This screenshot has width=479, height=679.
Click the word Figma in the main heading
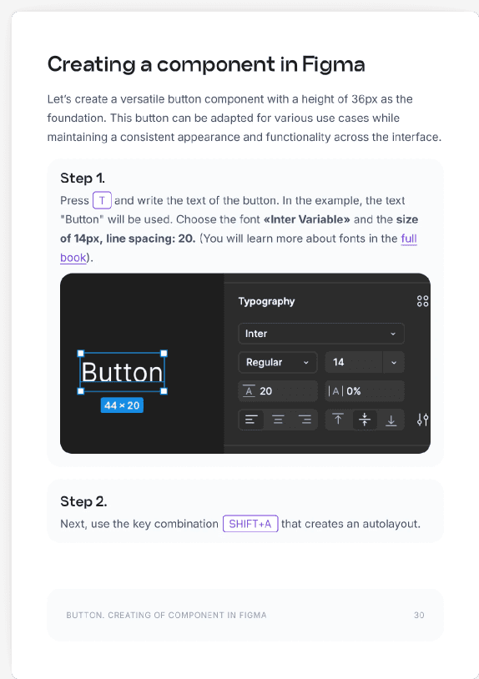334,65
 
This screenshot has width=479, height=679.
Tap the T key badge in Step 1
102,200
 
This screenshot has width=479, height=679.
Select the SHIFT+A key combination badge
250,524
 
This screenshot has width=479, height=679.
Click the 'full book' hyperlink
409,239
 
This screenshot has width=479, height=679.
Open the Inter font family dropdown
321,334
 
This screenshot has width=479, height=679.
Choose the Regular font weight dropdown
278,362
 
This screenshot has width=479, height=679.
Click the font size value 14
338,362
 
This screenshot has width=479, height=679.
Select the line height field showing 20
278,391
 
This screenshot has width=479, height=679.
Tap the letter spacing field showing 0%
365,391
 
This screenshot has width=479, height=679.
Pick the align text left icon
251,420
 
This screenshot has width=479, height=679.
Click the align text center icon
278,420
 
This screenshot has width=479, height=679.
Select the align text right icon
305,420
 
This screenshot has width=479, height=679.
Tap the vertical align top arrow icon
338,420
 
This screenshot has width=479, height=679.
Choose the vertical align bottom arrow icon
391,420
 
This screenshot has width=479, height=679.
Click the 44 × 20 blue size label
122,405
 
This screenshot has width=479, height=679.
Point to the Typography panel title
266,301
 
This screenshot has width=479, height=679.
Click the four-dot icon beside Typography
423,301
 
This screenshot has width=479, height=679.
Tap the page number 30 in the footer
419,615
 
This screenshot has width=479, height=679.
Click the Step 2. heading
83,501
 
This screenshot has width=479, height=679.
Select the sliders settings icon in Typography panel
423,420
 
